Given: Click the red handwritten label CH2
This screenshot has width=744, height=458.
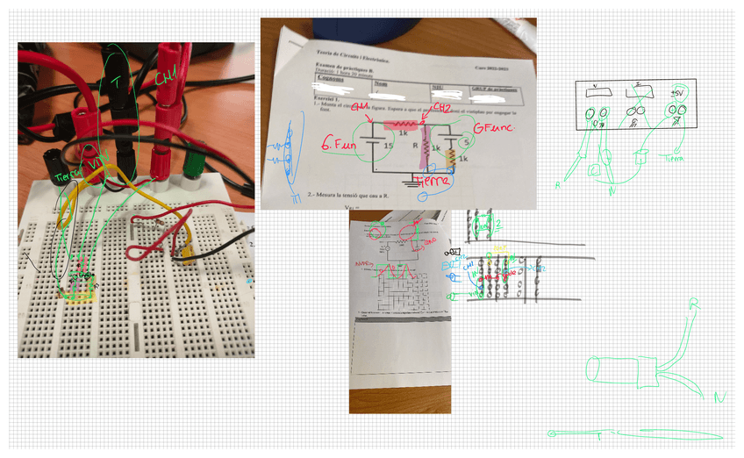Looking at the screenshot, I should click(x=442, y=108).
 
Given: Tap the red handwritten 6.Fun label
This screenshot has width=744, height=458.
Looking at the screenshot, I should click(x=338, y=143).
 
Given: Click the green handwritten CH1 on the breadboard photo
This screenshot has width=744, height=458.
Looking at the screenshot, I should click(x=166, y=79).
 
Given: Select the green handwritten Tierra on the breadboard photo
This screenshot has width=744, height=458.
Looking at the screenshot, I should click(x=66, y=176).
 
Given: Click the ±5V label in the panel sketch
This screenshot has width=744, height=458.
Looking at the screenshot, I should click(x=676, y=92).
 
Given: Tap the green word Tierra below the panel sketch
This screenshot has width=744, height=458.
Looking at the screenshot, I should click(x=674, y=159).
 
